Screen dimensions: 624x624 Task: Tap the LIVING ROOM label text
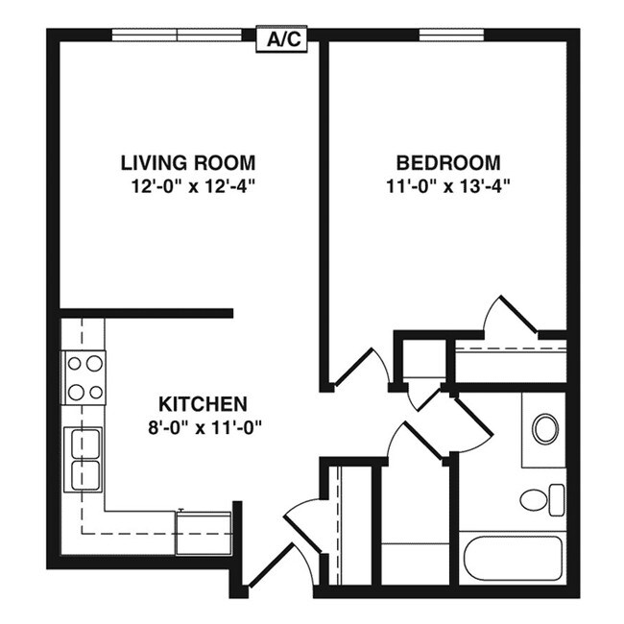[x=188, y=162]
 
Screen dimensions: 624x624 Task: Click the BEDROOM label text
[x=449, y=162]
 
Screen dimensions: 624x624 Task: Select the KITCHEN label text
[x=203, y=404]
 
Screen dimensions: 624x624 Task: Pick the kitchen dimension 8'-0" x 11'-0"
[x=203, y=428]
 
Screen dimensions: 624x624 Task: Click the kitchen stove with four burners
[x=84, y=377]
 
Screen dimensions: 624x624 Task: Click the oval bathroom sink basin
[x=545, y=428]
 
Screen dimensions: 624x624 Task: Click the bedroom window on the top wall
[x=451, y=36]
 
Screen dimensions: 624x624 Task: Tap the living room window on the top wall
[x=177, y=36]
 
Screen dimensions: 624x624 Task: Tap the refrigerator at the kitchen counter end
[x=203, y=532]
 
